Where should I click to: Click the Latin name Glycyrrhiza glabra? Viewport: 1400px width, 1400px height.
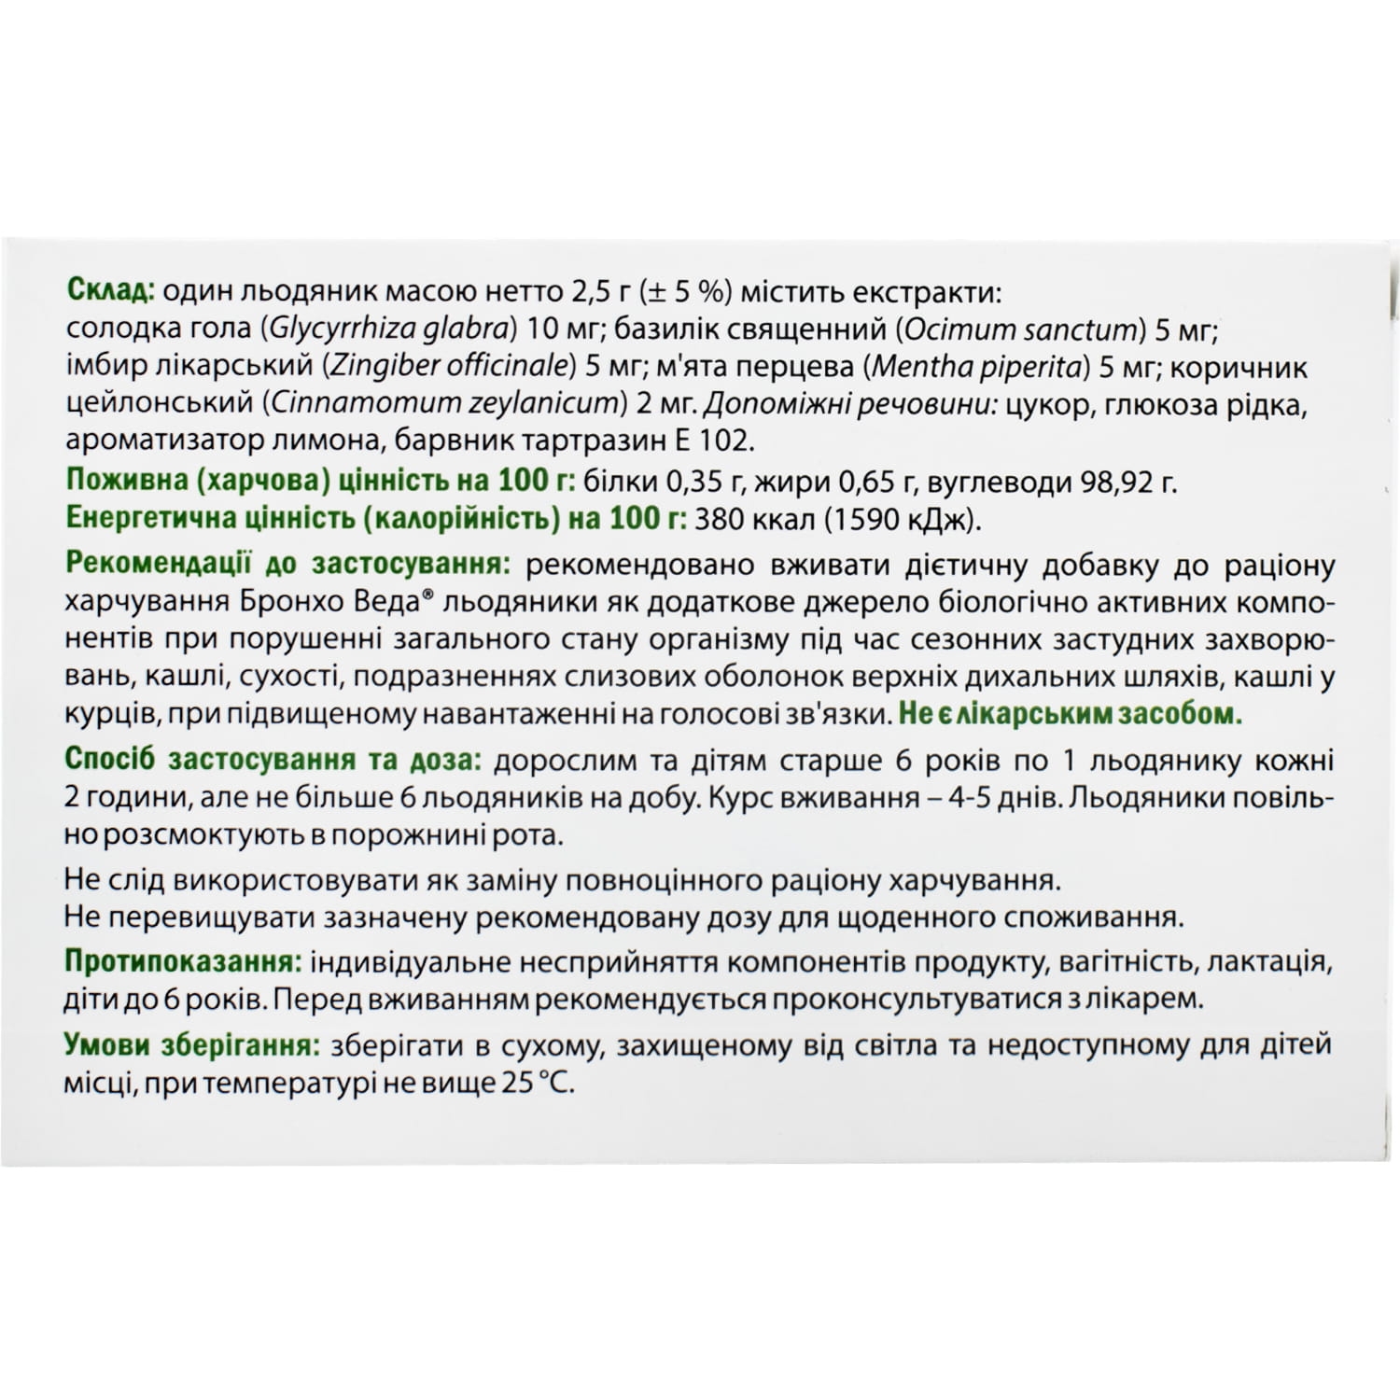pyautogui.click(x=389, y=329)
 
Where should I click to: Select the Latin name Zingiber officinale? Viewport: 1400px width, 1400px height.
pyautogui.click(x=446, y=366)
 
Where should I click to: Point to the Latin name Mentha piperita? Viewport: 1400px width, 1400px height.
pyautogui.click(x=978, y=366)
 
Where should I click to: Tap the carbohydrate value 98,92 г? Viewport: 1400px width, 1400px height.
pyautogui.click(x=1127, y=483)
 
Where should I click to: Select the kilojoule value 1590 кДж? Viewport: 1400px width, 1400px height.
pyautogui.click(x=902, y=519)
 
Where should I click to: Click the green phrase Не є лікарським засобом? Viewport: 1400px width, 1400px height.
pyautogui.click(x=1070, y=714)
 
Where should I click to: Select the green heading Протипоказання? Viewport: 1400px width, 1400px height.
pyautogui.click(x=182, y=961)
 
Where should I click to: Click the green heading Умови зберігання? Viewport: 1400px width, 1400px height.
pyautogui.click(x=191, y=1045)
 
